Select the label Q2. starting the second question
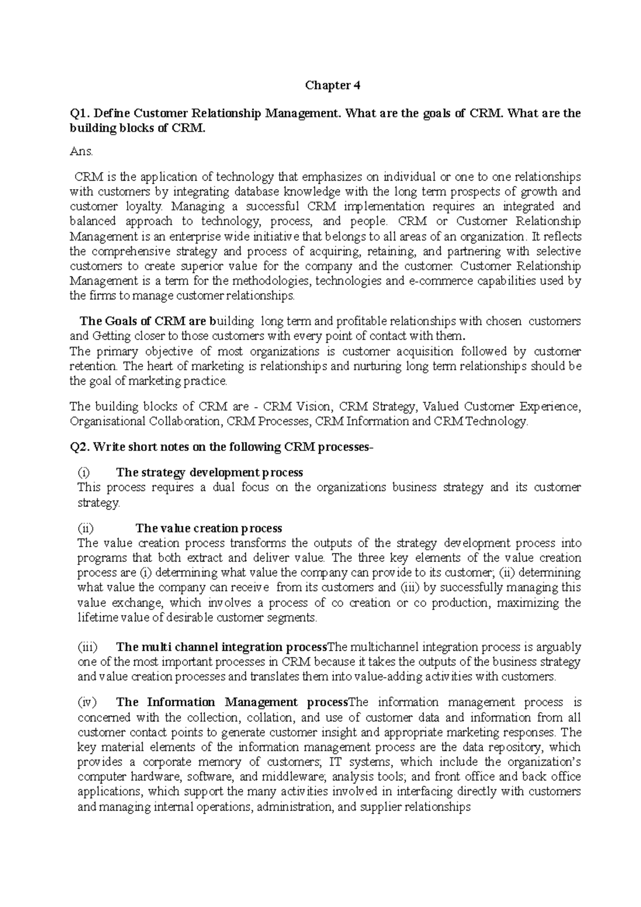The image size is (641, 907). [x=80, y=447]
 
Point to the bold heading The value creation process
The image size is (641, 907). [x=208, y=529]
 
